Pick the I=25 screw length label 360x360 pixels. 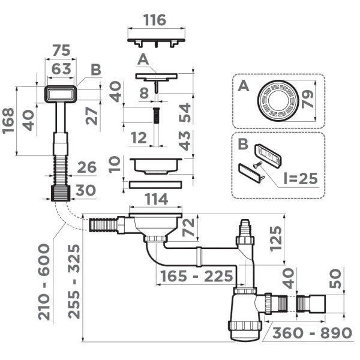(296, 178)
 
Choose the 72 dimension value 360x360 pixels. (188, 227)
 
